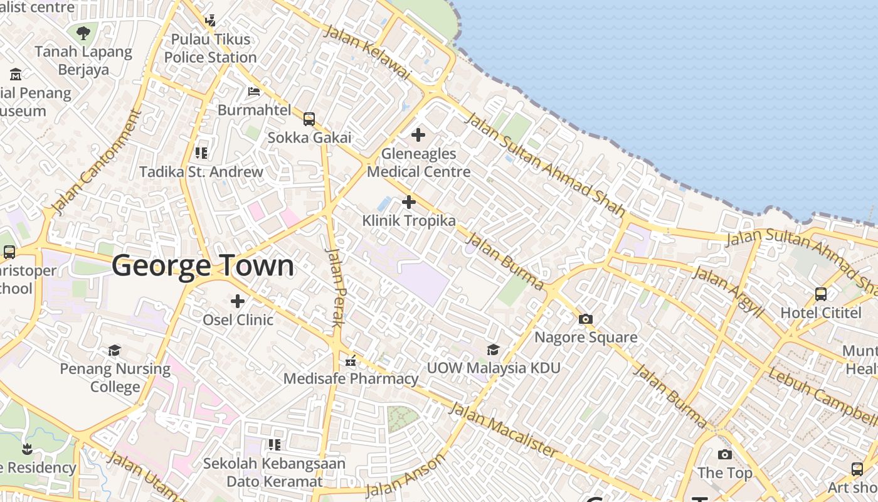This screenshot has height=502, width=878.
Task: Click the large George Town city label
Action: (203, 266)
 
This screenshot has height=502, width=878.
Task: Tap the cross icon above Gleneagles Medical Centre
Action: (418, 135)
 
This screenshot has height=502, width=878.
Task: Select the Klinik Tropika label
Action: (409, 221)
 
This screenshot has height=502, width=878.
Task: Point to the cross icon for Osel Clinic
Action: (238, 302)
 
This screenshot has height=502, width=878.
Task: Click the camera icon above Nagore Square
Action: (586, 319)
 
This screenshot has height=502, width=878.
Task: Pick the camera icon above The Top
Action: (725, 454)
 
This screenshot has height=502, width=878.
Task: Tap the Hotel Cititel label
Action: (821, 312)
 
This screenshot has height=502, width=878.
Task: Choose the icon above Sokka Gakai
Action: (309, 119)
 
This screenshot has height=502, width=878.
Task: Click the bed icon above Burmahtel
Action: (254, 92)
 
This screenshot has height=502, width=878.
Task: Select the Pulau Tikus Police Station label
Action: (211, 48)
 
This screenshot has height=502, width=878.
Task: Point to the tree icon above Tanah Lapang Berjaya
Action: (83, 33)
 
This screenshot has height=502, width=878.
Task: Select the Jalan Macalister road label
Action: (504, 430)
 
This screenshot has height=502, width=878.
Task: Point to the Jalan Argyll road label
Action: (727, 291)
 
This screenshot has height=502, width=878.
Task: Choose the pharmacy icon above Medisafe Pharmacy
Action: (351, 361)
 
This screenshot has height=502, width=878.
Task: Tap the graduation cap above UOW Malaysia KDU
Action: (494, 350)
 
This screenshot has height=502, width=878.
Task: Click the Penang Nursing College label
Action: (115, 378)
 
